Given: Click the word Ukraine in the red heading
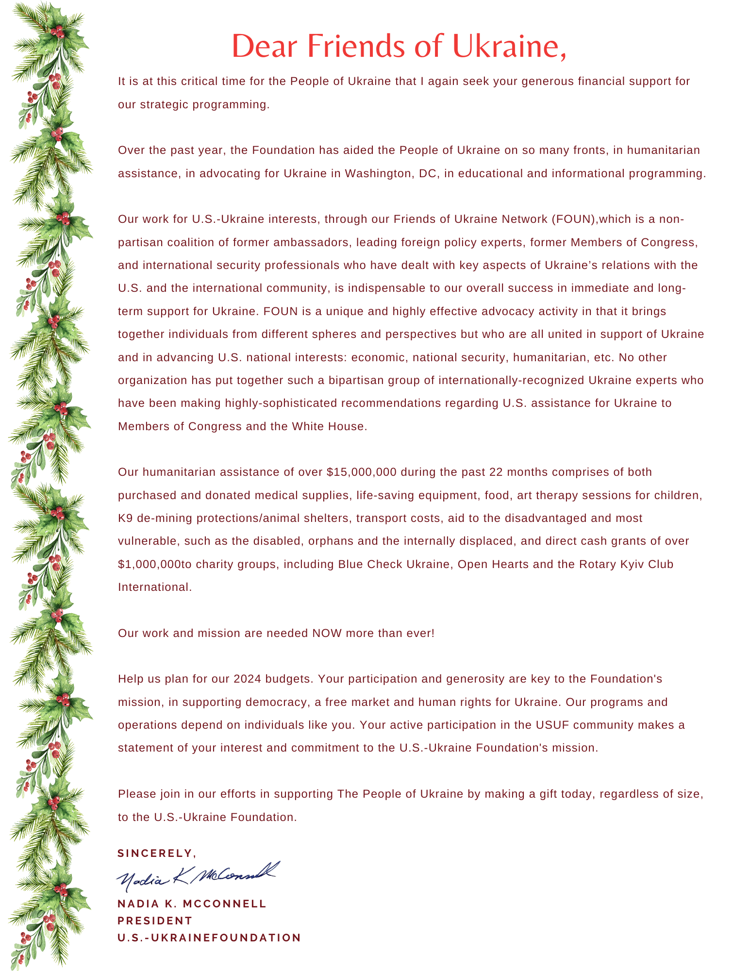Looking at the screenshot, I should tap(509, 46).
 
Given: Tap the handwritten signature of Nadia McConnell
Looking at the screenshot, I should tap(197, 876).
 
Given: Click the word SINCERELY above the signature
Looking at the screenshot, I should tap(156, 854).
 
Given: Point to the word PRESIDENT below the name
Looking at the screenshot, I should tap(155, 921).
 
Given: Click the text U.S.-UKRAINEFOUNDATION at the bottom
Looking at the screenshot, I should tap(209, 938).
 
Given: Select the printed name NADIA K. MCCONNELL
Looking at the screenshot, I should tap(192, 904).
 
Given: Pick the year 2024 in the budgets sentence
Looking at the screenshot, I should tap(247, 679).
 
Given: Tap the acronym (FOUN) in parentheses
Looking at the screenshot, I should tap(573, 219).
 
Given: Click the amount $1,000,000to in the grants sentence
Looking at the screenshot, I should tap(155, 564).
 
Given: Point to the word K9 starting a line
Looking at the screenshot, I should tap(125, 518).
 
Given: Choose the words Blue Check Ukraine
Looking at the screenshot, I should tap(394, 564).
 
